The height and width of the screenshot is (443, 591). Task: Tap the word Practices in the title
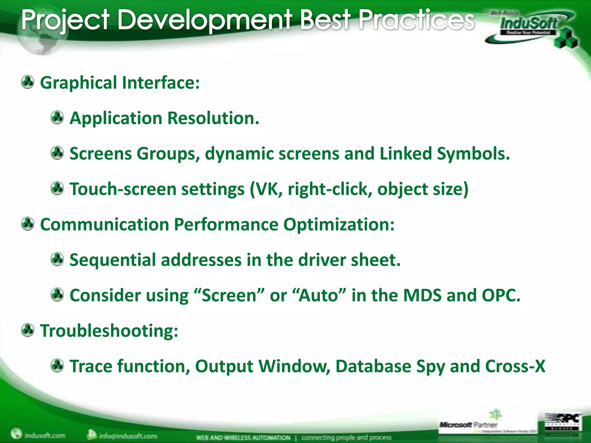click(416, 20)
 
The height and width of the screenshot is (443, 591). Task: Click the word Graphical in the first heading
click(78, 83)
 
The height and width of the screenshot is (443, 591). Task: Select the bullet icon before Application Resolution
click(57, 118)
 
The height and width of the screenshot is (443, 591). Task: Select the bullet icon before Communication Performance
click(28, 224)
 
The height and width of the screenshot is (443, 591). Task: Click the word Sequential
click(113, 260)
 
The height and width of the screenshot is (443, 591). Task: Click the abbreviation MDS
click(422, 296)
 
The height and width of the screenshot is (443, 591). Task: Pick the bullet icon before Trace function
click(57, 366)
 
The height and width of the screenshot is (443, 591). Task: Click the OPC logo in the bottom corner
click(563, 422)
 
